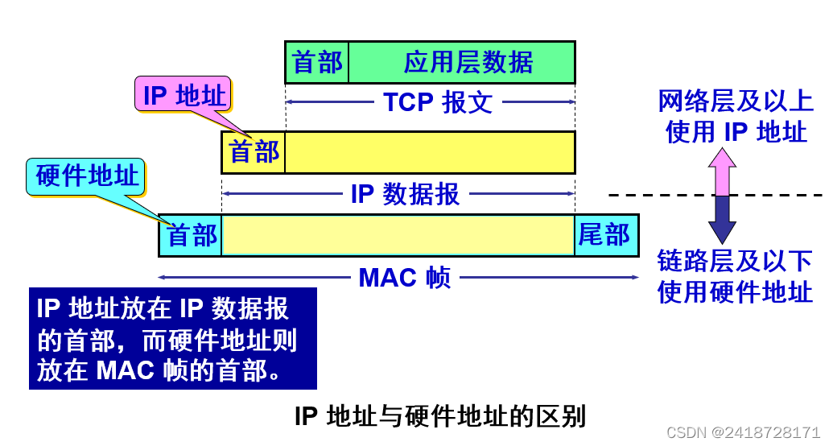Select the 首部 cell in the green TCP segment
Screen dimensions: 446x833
[317, 62]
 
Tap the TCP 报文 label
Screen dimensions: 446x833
[438, 102]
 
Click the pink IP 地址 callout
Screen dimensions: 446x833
[184, 96]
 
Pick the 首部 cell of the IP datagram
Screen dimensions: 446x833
[254, 152]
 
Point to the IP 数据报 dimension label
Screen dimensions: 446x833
[405, 194]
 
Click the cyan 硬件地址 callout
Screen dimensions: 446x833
[87, 176]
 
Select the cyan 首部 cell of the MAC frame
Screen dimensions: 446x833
[191, 235]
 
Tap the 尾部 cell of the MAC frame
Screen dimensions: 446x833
[605, 235]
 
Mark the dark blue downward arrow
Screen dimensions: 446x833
[722, 219]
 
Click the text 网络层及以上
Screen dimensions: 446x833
[735, 101]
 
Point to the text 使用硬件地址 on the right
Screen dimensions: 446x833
[735, 291]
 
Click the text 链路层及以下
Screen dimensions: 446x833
[735, 261]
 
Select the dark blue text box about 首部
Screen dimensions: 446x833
[173, 339]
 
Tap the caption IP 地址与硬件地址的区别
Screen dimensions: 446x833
[439, 416]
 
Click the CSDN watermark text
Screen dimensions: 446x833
[743, 432]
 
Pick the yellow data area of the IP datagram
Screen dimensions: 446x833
[430, 152]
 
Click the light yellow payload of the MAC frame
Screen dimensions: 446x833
[398, 235]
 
